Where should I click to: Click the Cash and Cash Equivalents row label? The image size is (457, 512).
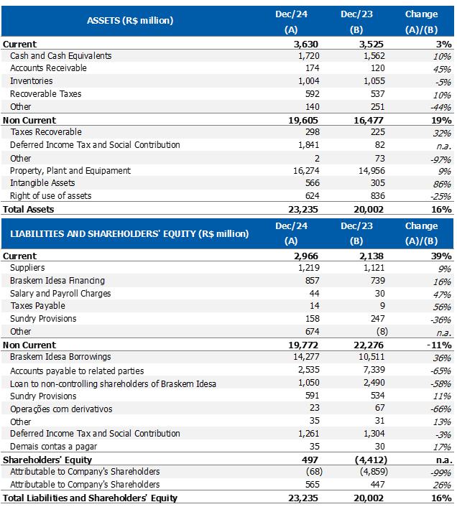60,56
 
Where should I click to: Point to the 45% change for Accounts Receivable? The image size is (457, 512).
441,69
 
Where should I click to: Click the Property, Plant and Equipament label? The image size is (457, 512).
70,171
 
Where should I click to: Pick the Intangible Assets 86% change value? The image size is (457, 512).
441,184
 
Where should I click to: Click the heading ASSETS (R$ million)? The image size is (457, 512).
129,21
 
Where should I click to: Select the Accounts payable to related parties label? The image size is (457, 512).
77,371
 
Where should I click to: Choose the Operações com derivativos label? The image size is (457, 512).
61,409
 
